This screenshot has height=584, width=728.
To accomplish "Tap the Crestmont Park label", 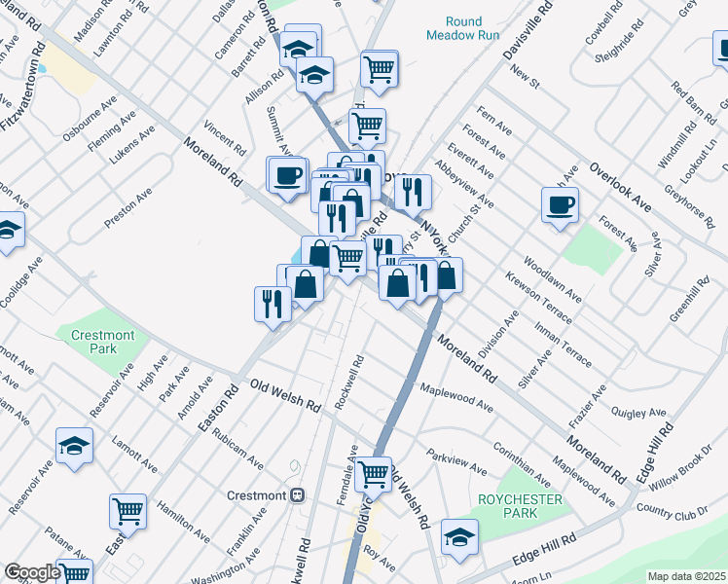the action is point(107,342).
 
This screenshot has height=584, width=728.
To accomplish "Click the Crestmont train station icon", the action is point(297,494).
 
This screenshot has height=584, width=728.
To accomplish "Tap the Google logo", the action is point(32,572).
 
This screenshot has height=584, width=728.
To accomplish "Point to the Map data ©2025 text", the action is point(686,576).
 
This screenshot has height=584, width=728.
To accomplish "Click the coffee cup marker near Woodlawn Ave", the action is point(560,204).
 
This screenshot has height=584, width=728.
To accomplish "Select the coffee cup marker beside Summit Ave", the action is point(287,175).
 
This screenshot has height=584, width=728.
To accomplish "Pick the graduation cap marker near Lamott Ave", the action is point(74,446).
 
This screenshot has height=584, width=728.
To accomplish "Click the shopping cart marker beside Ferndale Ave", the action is point(374,474).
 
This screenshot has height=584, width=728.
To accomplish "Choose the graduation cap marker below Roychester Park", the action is point(459,535).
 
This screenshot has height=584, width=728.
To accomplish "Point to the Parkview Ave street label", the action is point(456,462).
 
